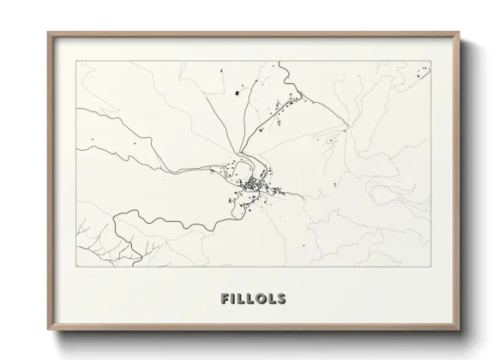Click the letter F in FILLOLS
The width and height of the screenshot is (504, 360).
[225, 300]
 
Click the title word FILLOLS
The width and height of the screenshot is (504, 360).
[252, 300]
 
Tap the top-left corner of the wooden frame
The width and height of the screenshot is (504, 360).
[48, 33]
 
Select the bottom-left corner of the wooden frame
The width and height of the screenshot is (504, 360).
[48, 332]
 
